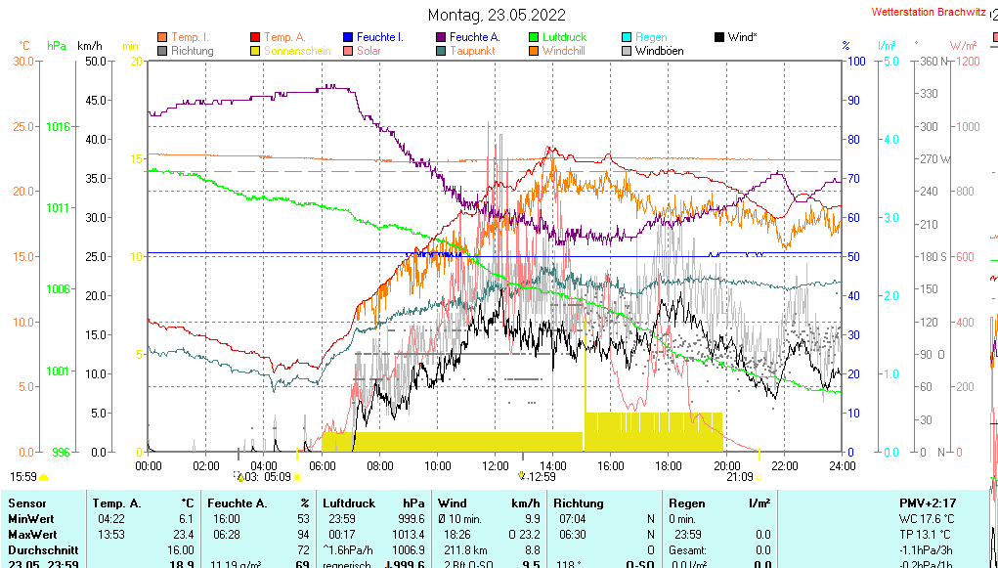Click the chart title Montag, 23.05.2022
(x=498, y=15)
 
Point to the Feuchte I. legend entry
(x=372, y=37)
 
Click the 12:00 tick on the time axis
(x=496, y=466)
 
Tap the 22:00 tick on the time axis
(x=784, y=466)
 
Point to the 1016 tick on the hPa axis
(x=58, y=126)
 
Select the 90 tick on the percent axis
(x=853, y=100)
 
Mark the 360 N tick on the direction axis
(x=930, y=61)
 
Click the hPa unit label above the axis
(x=56, y=46)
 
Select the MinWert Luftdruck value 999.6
(x=410, y=519)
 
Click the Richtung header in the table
(x=578, y=502)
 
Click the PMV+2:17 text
(x=930, y=502)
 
